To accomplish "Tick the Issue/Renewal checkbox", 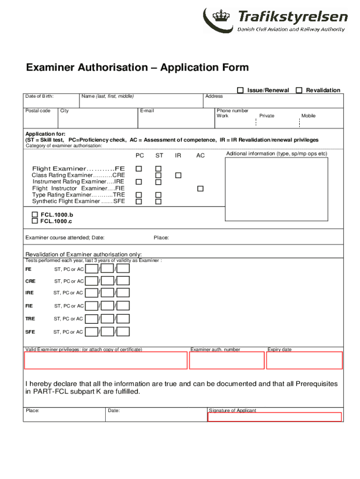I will pyautogui.click(x=240, y=90).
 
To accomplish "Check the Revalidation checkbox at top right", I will pyautogui.click(x=299, y=90).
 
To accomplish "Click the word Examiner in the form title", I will pyautogui.click(x=49, y=68).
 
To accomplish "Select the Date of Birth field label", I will pyautogui.click(x=39, y=96).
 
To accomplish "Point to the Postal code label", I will pyautogui.click(x=38, y=111).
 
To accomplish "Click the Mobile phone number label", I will pyautogui.click(x=308, y=116).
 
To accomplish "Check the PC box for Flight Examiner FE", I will pyautogui.click(x=139, y=168).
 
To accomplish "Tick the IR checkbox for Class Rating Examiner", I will pyautogui.click(x=178, y=175).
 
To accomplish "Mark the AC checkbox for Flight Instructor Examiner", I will pyautogui.click(x=200, y=189).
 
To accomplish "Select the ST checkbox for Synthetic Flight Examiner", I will pyautogui.click(x=158, y=202).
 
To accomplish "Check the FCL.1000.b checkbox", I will pyautogui.click(x=35, y=215).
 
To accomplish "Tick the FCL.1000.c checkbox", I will pyautogui.click(x=35, y=221).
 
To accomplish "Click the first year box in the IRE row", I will pyautogui.click(x=92, y=293).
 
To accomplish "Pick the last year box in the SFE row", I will pyautogui.click(x=123, y=332).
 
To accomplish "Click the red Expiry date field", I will pyautogui.click(x=304, y=360).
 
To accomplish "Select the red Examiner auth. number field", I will pyautogui.click(x=227, y=360).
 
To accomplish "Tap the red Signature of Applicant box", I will pyautogui.click(x=274, y=417).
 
